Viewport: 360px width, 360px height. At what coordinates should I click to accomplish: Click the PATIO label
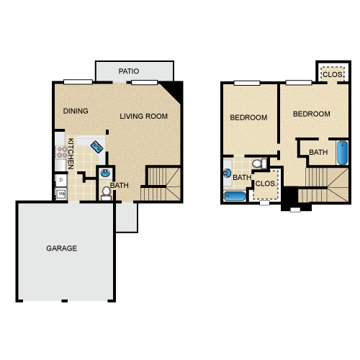(x=129, y=71)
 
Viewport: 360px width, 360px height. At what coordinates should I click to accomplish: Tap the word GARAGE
(x=62, y=248)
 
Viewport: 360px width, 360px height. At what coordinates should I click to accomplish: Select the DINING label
(x=76, y=111)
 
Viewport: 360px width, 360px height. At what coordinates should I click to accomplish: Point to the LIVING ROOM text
(x=143, y=117)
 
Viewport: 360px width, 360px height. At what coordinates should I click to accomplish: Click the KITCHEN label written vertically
(x=71, y=153)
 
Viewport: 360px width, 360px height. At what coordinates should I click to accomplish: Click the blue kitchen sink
(x=96, y=147)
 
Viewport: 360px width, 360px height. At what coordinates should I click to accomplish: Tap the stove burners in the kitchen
(x=62, y=152)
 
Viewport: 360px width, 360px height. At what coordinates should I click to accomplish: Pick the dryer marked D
(x=61, y=180)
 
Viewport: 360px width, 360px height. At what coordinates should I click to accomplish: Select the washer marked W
(x=61, y=193)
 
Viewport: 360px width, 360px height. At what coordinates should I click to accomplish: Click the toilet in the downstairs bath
(x=106, y=194)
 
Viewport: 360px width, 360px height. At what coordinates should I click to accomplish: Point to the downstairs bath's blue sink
(x=105, y=173)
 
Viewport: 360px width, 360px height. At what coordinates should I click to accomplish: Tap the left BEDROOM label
(x=248, y=117)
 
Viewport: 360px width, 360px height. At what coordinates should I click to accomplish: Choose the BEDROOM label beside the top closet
(x=312, y=114)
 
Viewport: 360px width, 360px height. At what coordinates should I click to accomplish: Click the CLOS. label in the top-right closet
(x=333, y=75)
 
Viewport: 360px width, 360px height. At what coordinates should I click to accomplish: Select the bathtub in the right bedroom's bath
(x=343, y=153)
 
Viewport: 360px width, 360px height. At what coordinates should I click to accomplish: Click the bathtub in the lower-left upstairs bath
(x=235, y=197)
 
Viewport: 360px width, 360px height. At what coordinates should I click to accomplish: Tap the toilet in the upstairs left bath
(x=259, y=163)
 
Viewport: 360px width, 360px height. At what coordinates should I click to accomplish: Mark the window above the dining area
(x=78, y=82)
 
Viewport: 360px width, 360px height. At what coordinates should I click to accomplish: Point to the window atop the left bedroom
(x=247, y=83)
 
